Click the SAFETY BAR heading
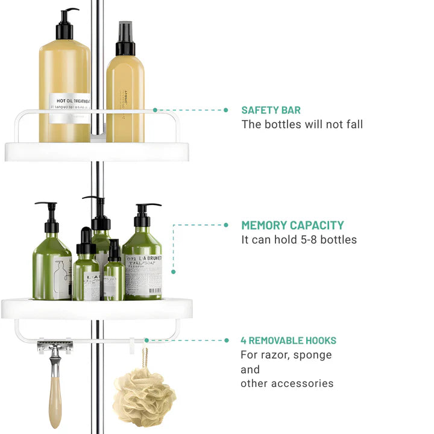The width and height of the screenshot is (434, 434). [x=271, y=110]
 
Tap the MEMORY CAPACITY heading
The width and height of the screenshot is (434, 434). [x=292, y=225]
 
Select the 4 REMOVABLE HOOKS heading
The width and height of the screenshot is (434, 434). [x=288, y=341]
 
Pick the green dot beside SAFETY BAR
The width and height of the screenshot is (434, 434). [x=226, y=110]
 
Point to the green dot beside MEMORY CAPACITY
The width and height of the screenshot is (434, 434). [x=226, y=225]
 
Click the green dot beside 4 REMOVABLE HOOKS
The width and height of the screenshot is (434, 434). [x=226, y=341]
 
